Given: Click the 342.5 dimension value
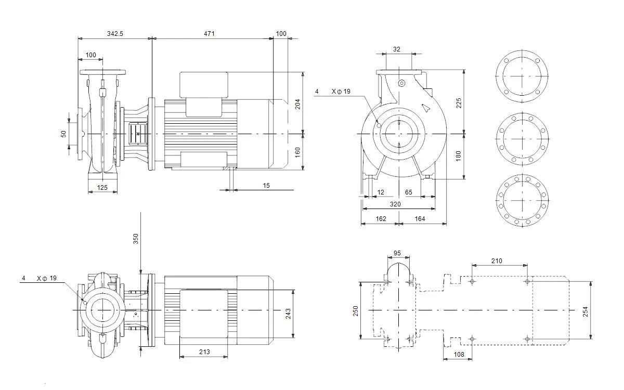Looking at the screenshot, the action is point(115,34).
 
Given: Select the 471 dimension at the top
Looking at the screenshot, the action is point(209,34).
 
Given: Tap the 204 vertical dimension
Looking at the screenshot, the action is point(298,104).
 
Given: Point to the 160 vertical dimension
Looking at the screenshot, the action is point(298,152).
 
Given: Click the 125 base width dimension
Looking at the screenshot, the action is point(102,188).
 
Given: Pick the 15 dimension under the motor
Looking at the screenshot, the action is point(266,186).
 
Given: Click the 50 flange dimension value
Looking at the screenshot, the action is point(64,134).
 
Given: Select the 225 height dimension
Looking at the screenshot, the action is point(459,103).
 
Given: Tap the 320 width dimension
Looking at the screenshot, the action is point(395,204).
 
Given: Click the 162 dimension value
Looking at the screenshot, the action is point(381,219).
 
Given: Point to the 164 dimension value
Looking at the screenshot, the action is point(420,219).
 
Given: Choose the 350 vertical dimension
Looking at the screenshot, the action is point(136,239).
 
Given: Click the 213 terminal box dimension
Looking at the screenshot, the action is point(204,352).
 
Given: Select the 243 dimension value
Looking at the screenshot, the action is point(288,314).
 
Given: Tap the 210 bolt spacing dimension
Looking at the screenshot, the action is point(497,261).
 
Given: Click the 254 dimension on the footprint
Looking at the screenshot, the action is point(586,311).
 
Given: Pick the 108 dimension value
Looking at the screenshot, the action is point(459,355).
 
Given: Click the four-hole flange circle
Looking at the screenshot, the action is point(522,50).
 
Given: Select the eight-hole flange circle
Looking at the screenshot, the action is point(522,113).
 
